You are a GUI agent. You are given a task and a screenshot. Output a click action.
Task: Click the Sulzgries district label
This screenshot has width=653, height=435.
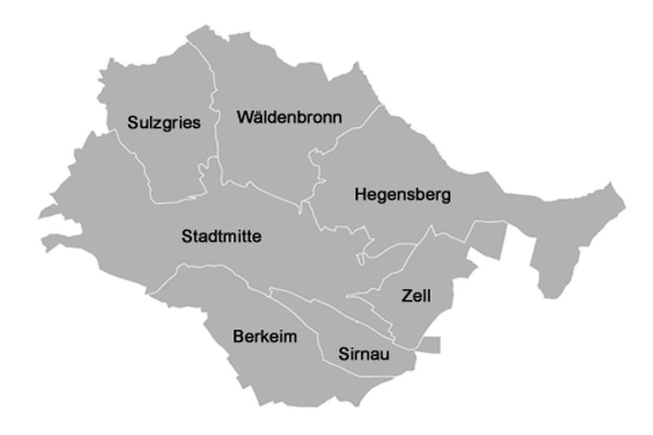coord(164,123)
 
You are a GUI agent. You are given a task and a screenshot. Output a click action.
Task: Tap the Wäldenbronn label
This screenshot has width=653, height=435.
coord(289,117)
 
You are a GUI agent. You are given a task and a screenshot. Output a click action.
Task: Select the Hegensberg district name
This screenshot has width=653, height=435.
coord(403,195)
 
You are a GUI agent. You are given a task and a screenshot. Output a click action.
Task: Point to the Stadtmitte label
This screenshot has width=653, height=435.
coord(221,237)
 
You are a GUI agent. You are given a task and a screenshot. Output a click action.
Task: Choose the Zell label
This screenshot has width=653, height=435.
coord(416,296)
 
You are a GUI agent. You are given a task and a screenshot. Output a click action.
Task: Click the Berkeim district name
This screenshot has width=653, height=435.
coord(265,337)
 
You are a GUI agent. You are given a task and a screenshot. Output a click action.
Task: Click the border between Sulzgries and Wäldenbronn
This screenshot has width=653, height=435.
coord(215,109)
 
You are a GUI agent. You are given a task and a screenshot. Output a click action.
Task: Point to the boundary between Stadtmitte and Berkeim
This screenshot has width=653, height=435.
coord(218,266)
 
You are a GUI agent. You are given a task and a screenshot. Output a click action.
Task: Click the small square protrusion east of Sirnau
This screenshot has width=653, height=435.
coord(430,345)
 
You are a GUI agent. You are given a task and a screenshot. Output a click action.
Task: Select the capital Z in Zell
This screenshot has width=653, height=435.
coord(406,296)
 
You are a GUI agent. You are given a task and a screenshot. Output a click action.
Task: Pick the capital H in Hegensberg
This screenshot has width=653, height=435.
coord(360,195)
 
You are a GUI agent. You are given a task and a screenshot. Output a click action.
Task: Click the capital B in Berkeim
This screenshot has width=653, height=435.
coord(238,337)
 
